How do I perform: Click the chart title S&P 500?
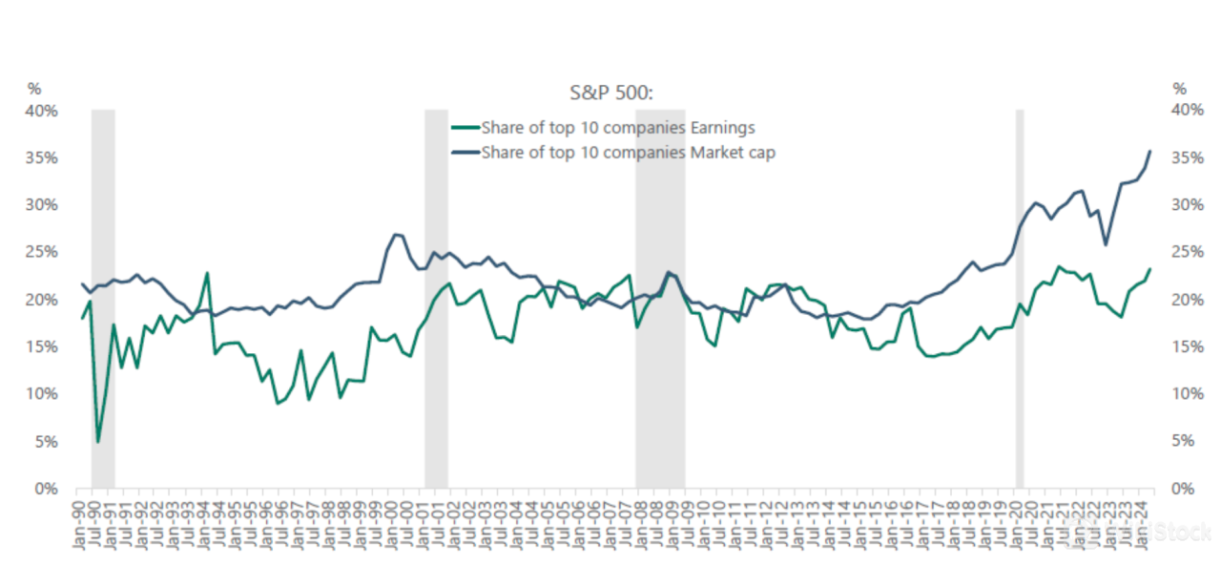coord(610,93)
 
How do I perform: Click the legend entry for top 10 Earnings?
coord(617,127)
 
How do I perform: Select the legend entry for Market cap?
coord(628,151)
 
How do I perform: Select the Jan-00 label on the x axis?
coord(393,523)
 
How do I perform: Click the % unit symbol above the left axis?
coord(34,89)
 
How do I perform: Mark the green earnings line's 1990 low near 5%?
coord(97,442)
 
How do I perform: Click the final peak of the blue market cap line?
coord(1150,151)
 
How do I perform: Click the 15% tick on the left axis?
coord(42,346)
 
